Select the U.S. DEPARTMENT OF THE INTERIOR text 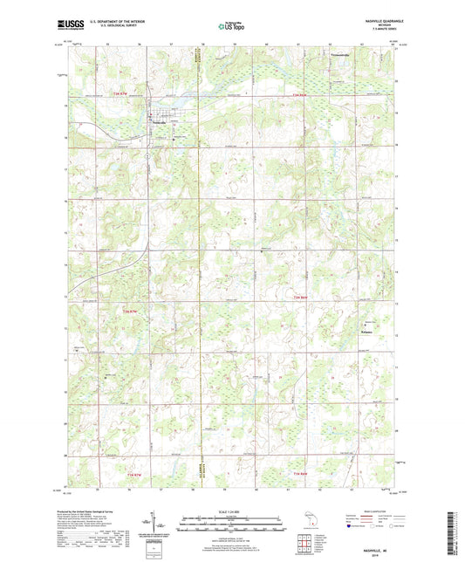(x=122, y=23)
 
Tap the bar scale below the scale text (x=232, y=524)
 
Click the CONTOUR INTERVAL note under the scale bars (x=232, y=538)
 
